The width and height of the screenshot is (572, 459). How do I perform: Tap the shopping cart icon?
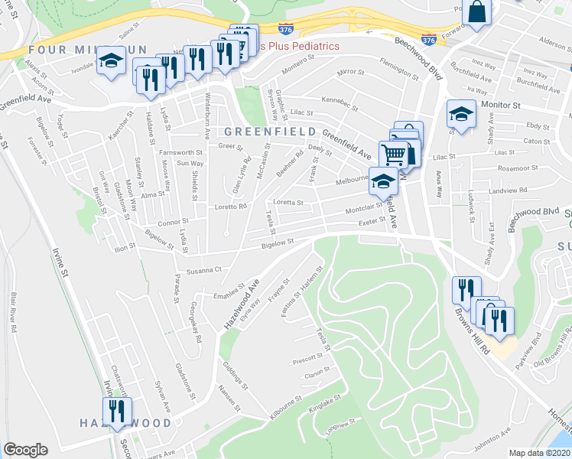click(x=394, y=155)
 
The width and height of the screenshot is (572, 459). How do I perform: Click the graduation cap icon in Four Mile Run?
click(x=112, y=60)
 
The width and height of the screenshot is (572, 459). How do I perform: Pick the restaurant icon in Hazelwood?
click(x=117, y=409)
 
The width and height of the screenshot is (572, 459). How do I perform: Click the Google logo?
click(x=25, y=450)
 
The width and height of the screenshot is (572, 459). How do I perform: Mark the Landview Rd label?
click(x=509, y=190)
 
